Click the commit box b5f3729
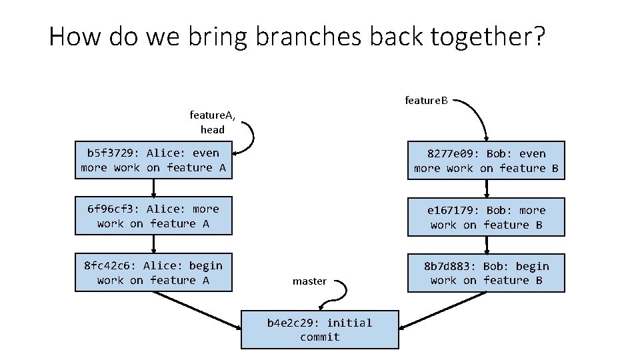(153, 160)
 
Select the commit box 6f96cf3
(153, 216)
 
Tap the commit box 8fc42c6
(153, 273)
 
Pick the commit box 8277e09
(486, 161)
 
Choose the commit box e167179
(486, 217)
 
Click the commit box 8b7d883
(486, 273)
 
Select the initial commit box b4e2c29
(319, 329)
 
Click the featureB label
(427, 101)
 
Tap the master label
(309, 281)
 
